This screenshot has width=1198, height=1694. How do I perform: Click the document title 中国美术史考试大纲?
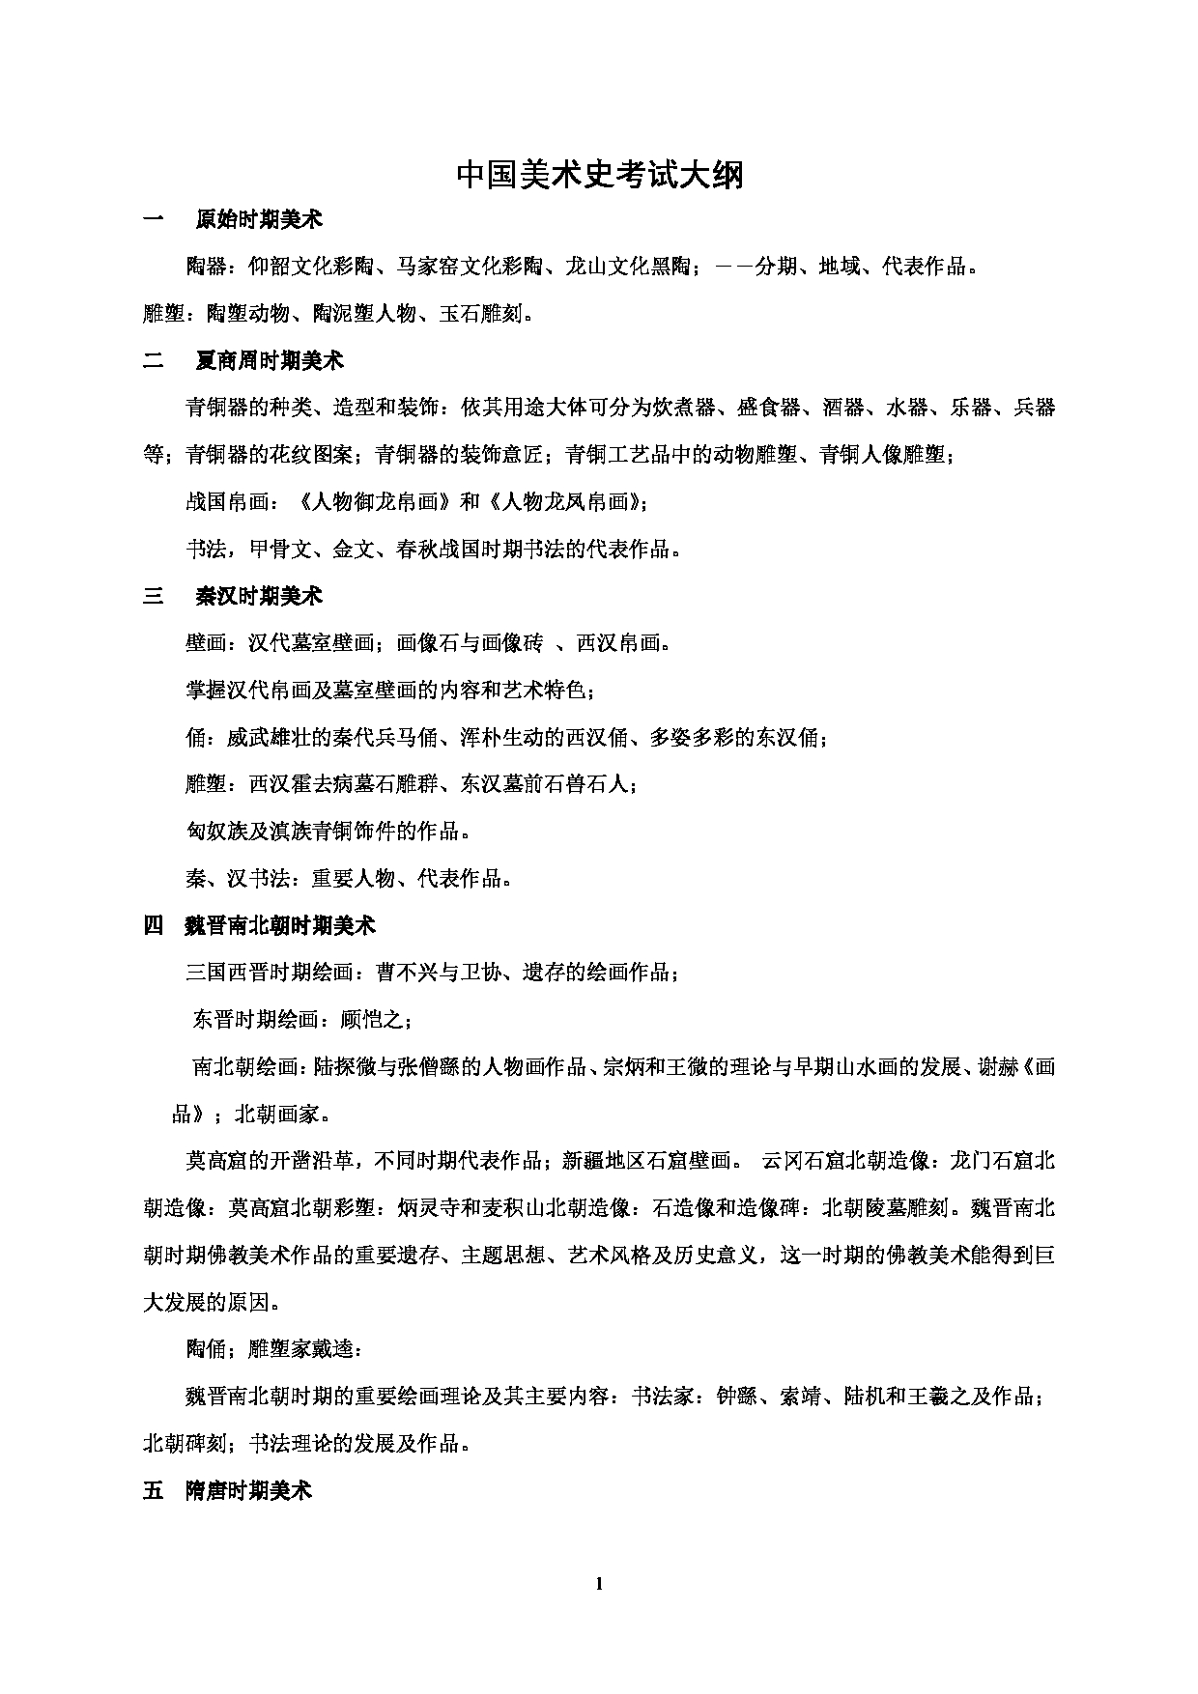(x=599, y=177)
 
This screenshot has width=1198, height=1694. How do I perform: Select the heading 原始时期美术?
(x=259, y=220)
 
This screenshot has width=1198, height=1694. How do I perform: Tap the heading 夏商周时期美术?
(x=270, y=361)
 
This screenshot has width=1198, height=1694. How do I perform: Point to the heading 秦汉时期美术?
(x=259, y=596)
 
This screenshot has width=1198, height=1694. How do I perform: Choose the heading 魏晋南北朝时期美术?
(x=279, y=926)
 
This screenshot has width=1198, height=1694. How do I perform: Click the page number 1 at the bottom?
(x=599, y=1583)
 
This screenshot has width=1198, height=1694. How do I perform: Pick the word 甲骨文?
(x=280, y=550)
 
